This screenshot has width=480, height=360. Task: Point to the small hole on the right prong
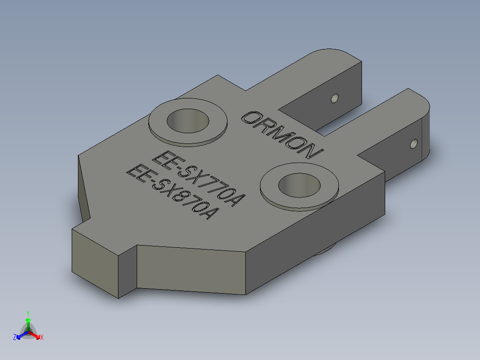pyautogui.click(x=414, y=144)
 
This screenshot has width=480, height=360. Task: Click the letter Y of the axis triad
pyautogui.click(x=28, y=313)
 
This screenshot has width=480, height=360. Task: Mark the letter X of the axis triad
pyautogui.click(x=42, y=338)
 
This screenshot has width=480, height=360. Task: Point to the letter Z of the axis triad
pyautogui.click(x=15, y=337)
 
